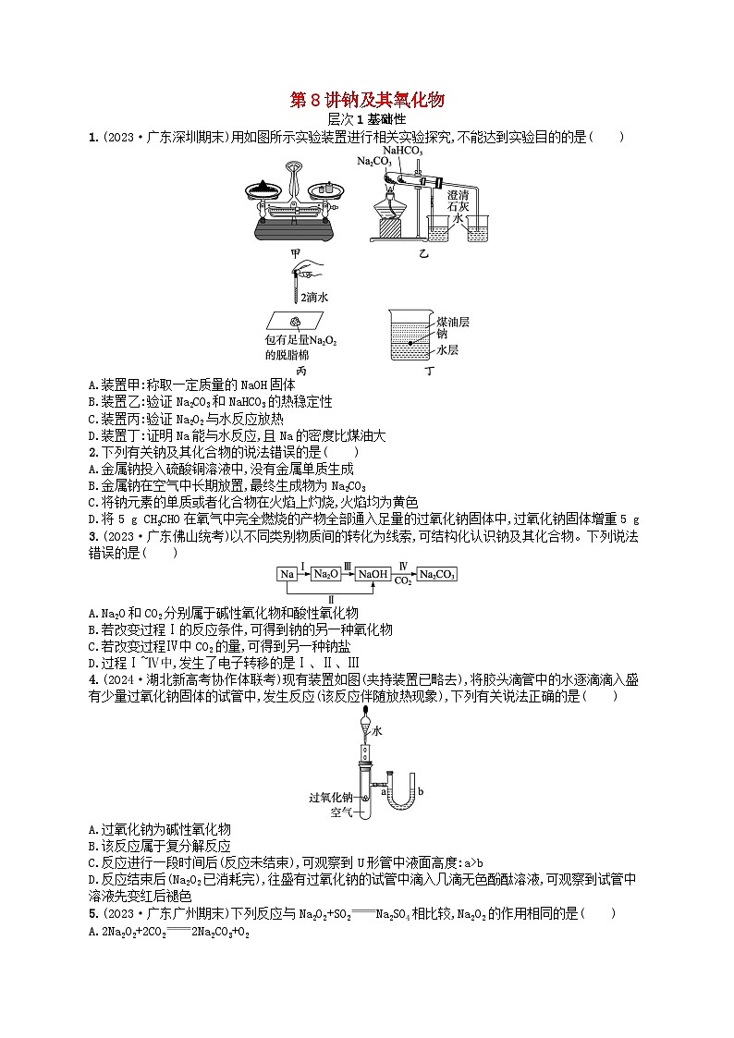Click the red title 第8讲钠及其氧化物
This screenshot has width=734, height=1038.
click(368, 101)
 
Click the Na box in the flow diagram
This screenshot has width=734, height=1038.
click(287, 574)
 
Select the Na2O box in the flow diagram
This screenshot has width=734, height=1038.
click(326, 574)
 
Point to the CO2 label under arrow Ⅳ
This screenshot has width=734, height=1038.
click(403, 581)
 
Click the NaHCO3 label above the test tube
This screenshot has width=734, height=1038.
click(403, 150)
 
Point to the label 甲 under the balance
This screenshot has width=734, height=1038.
click(294, 250)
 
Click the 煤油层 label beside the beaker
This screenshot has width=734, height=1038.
click(454, 321)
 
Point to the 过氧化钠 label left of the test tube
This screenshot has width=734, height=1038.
click(333, 797)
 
